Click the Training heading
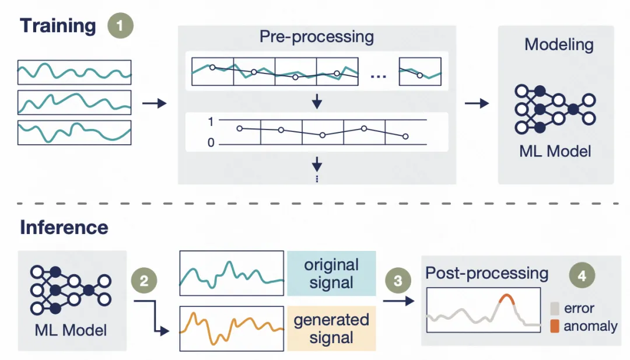point(58,26)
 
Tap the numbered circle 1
point(121,26)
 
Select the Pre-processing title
point(317,37)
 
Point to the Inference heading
point(64,227)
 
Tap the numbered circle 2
point(145,281)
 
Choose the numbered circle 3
point(398,281)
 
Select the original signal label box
point(331,274)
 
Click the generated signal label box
point(331,328)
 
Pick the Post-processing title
point(487,273)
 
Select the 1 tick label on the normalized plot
point(211,121)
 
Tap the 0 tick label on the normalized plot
point(211,143)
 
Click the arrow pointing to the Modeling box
point(477,103)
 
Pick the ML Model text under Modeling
point(555,151)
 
